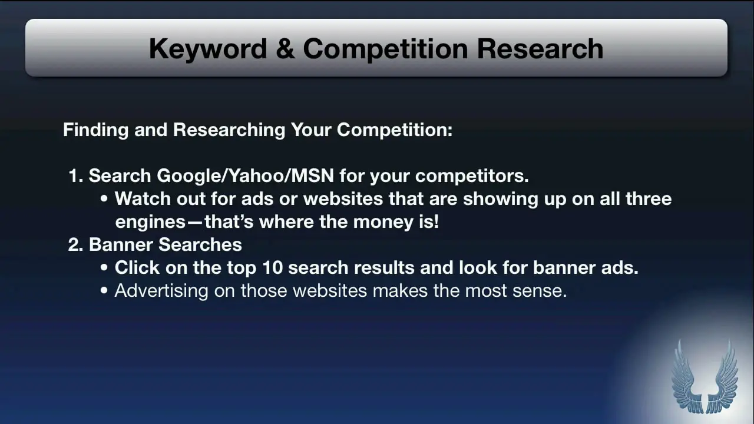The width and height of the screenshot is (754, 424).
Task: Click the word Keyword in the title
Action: click(208, 49)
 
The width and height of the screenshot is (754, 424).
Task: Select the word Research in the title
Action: click(540, 49)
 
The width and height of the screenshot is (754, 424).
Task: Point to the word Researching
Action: click(229, 130)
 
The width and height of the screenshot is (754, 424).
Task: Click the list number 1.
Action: click(75, 175)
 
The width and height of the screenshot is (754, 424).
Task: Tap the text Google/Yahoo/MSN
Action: click(246, 175)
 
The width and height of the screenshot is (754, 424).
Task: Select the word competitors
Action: click(472, 176)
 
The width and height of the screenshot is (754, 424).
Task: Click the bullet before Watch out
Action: click(104, 198)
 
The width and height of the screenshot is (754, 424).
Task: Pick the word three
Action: click(649, 198)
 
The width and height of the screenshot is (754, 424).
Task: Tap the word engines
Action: click(150, 222)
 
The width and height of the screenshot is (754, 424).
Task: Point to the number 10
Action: click(272, 268)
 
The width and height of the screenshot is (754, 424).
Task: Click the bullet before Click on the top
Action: click(104, 268)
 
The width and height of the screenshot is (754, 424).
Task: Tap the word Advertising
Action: click(161, 291)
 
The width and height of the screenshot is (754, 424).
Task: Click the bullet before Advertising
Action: click(104, 291)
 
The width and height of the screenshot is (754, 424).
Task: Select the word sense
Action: click(540, 291)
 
